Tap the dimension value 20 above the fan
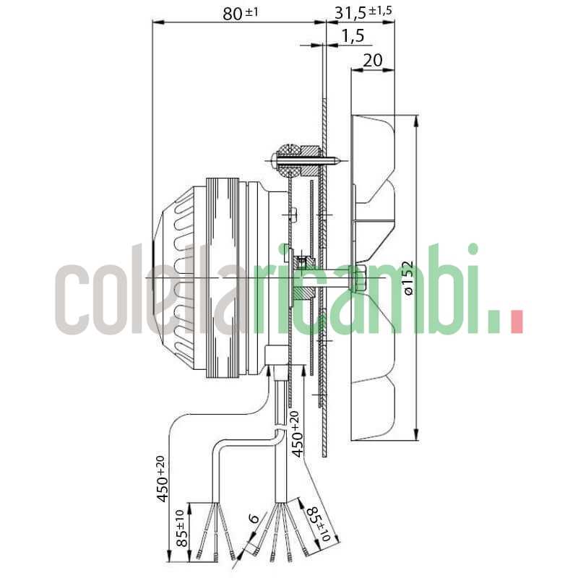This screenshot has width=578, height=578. (372, 60)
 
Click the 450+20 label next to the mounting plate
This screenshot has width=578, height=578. (296, 433)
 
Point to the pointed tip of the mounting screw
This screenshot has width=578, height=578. (340, 160)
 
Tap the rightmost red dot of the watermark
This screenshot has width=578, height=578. (516, 322)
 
